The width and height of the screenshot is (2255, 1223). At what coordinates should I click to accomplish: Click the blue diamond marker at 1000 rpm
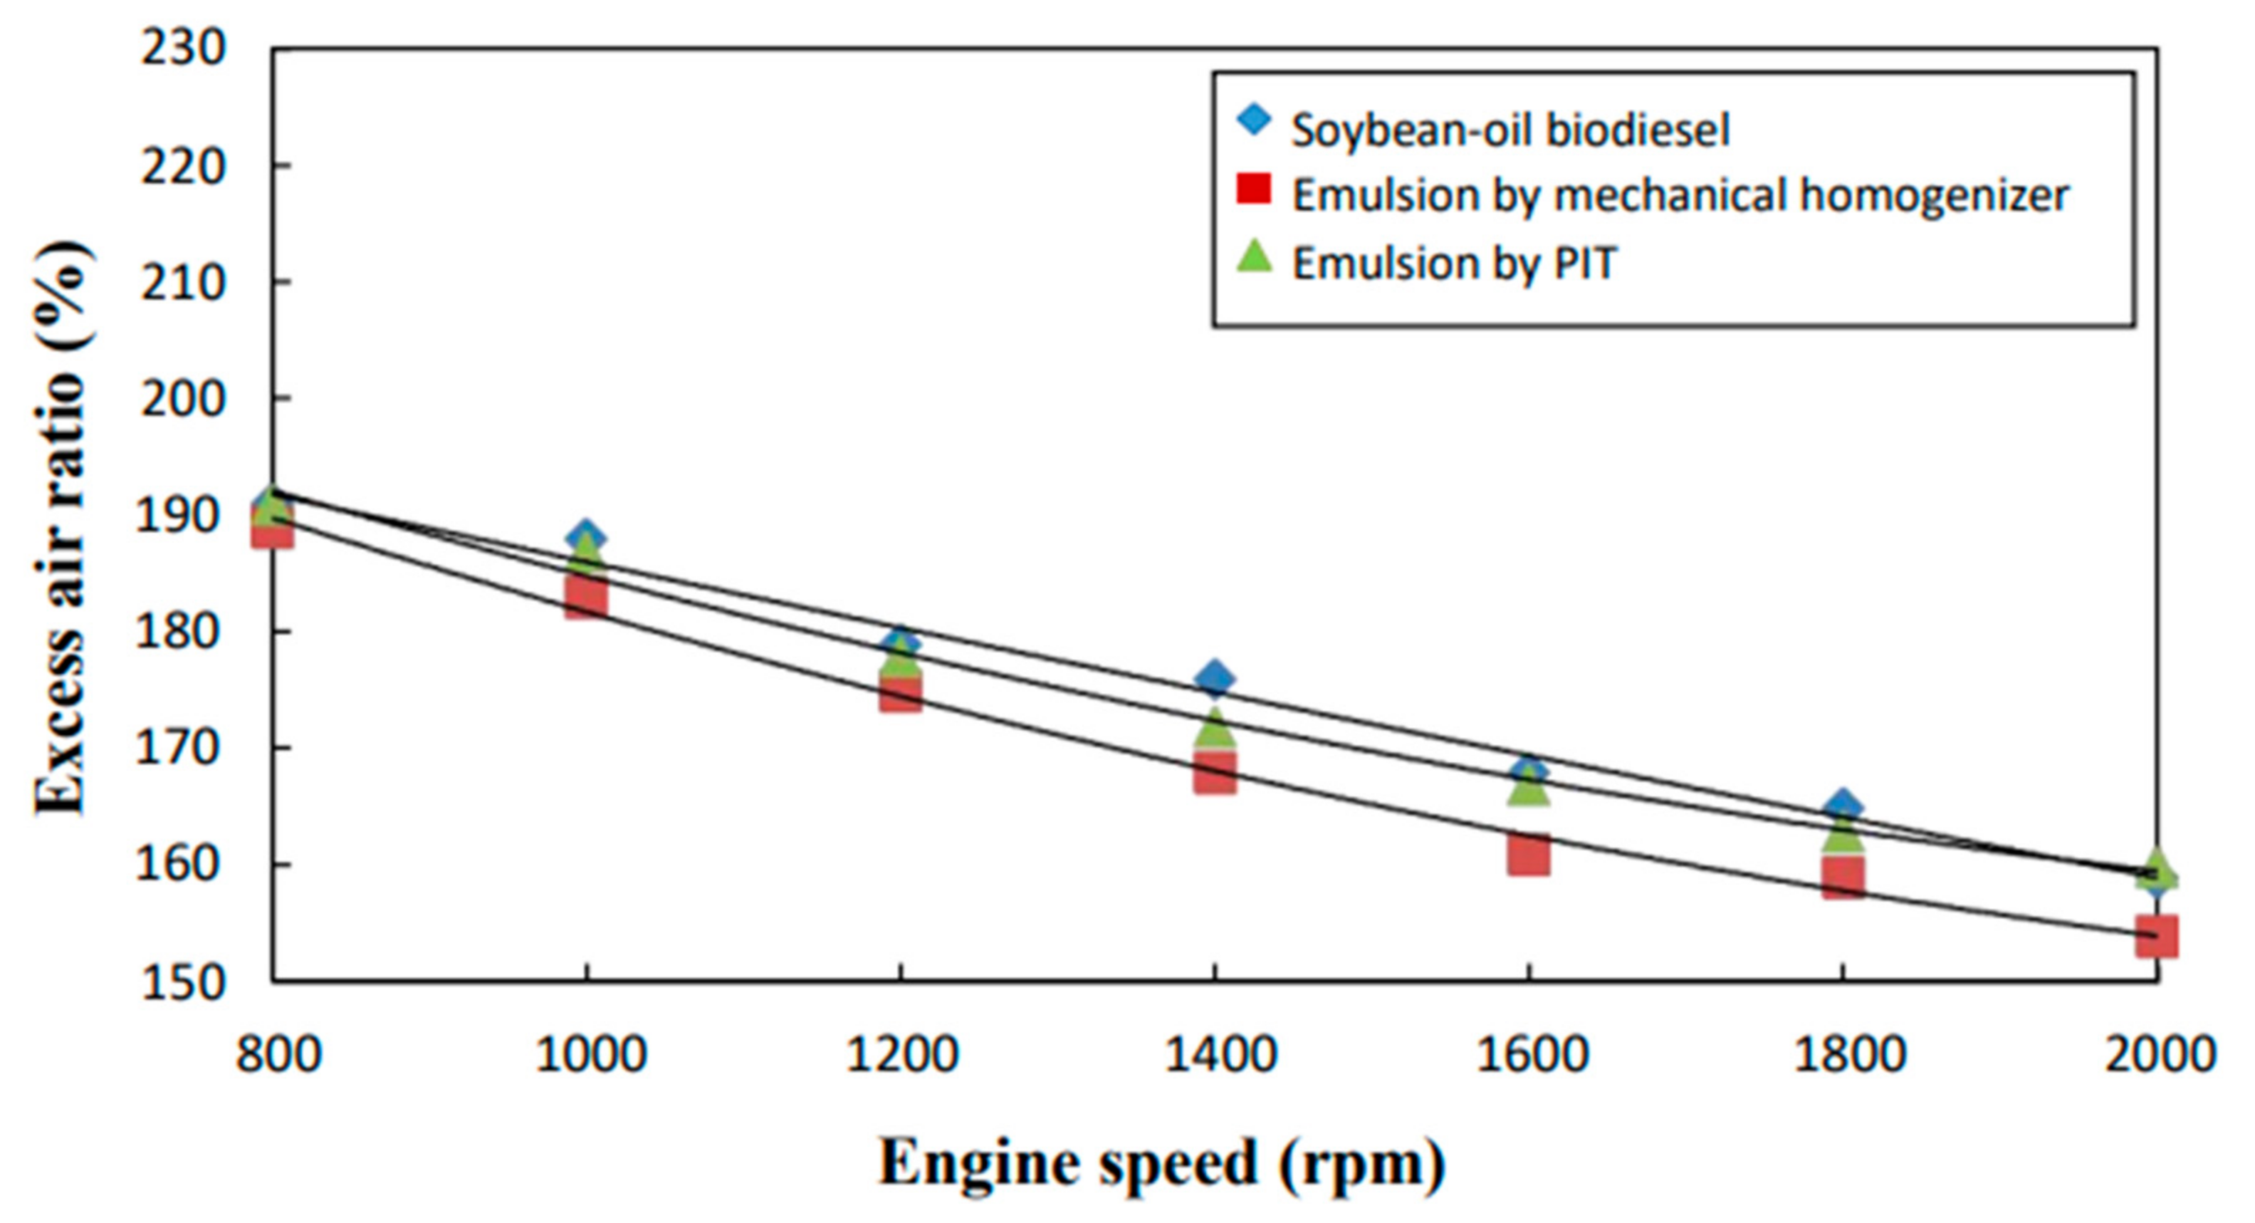585,536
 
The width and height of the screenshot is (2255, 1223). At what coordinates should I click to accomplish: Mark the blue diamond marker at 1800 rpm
1843,806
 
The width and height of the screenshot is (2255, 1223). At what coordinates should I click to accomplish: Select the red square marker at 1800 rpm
1843,878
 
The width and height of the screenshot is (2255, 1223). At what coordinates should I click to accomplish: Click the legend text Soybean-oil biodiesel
1511,130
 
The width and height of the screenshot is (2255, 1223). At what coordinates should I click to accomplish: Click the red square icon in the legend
1254,189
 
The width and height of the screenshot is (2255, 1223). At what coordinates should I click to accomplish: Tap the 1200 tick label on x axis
900,1055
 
